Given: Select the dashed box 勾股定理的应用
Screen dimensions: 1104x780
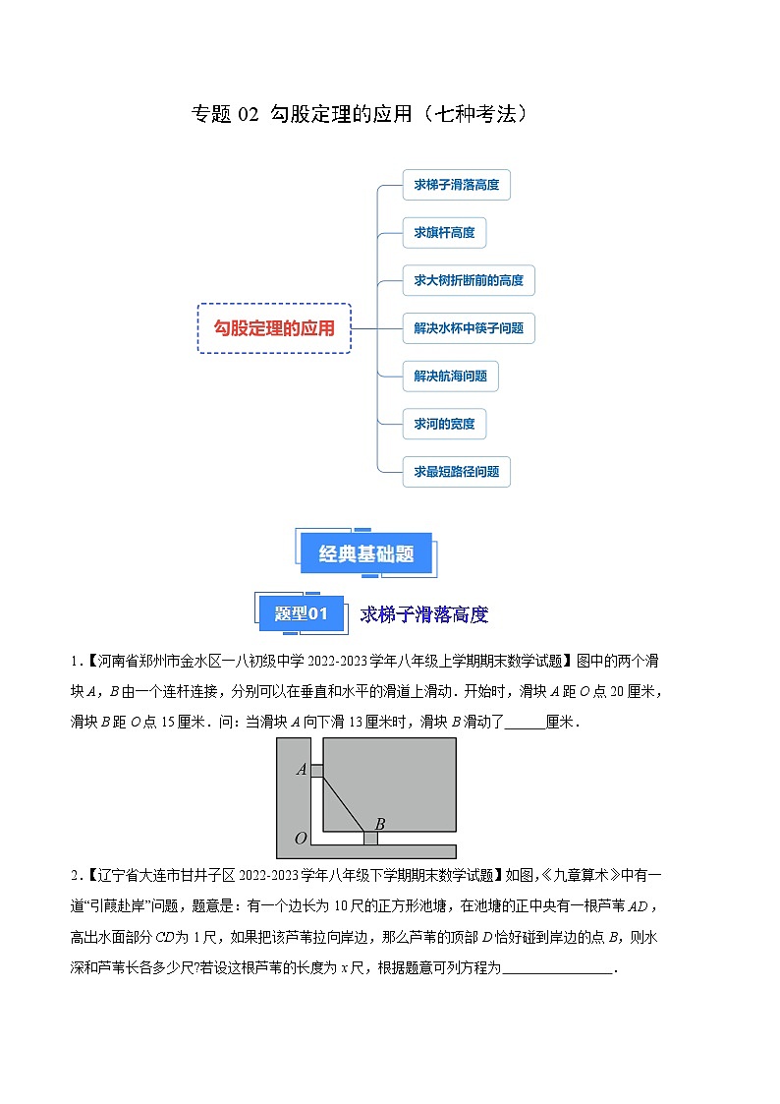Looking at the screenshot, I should (x=274, y=328).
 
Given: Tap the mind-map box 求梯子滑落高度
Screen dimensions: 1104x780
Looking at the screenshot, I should (x=456, y=184).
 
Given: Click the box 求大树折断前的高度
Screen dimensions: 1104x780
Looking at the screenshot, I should (x=469, y=280).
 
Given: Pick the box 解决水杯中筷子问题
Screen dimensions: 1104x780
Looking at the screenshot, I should (x=469, y=327).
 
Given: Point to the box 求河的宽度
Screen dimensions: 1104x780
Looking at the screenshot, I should (x=444, y=424).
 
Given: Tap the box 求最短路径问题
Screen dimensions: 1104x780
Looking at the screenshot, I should (x=456, y=472).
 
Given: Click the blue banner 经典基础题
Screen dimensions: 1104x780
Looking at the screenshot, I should (x=366, y=554).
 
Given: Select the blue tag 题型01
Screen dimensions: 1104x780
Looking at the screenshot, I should (x=300, y=614).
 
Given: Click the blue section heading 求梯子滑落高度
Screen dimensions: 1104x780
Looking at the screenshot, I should (x=423, y=615).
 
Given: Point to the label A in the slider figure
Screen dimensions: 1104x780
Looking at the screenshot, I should (x=302, y=769).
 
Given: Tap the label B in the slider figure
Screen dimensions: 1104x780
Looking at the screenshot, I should (x=379, y=823).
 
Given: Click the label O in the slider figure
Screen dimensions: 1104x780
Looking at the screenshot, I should (x=301, y=839).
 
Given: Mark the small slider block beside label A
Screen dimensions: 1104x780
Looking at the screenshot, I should (x=316, y=770).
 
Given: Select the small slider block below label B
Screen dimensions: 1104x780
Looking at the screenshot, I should (x=370, y=839).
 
